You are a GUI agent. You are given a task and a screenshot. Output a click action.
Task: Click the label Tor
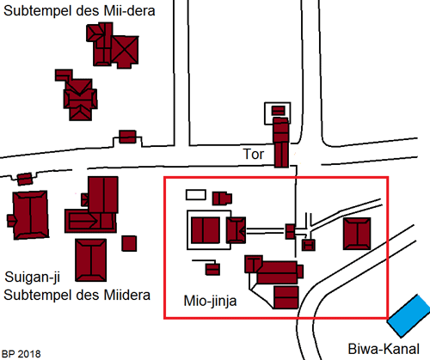[x=254, y=154]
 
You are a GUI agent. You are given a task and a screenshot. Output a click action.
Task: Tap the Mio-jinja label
[x=210, y=302]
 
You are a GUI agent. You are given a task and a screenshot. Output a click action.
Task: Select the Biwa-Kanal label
[x=384, y=349]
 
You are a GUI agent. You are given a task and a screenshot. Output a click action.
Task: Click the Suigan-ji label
[x=33, y=278]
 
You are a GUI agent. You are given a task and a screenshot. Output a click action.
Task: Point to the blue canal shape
[x=409, y=315]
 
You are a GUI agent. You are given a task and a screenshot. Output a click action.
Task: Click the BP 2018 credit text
[x=21, y=354]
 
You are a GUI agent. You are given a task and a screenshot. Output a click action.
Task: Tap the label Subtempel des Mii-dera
[x=79, y=11]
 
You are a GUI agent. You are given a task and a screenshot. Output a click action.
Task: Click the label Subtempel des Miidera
[x=77, y=295]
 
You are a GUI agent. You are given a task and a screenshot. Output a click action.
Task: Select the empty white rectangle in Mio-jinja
[x=196, y=195]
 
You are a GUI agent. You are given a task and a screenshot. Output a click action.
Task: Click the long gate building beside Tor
[x=281, y=143]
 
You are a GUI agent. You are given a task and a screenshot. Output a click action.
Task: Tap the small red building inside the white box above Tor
[x=278, y=110]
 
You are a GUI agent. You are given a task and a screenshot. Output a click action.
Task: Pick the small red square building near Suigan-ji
[x=129, y=243]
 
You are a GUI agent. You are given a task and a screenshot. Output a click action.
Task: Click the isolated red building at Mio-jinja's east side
[x=357, y=234]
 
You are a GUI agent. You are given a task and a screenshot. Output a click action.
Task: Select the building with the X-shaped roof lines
[x=125, y=52]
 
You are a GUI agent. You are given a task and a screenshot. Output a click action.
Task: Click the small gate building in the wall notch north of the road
[x=127, y=137]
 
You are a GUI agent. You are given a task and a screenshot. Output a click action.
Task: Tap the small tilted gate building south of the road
[x=25, y=179]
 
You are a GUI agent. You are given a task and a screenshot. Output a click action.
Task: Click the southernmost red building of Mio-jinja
[x=286, y=297]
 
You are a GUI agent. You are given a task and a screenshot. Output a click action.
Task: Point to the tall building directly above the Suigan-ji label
[x=90, y=260]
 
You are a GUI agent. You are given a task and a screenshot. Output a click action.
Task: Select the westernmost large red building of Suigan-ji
[x=30, y=215]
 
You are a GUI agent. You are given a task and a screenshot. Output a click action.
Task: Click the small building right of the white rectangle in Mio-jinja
[x=222, y=198]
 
